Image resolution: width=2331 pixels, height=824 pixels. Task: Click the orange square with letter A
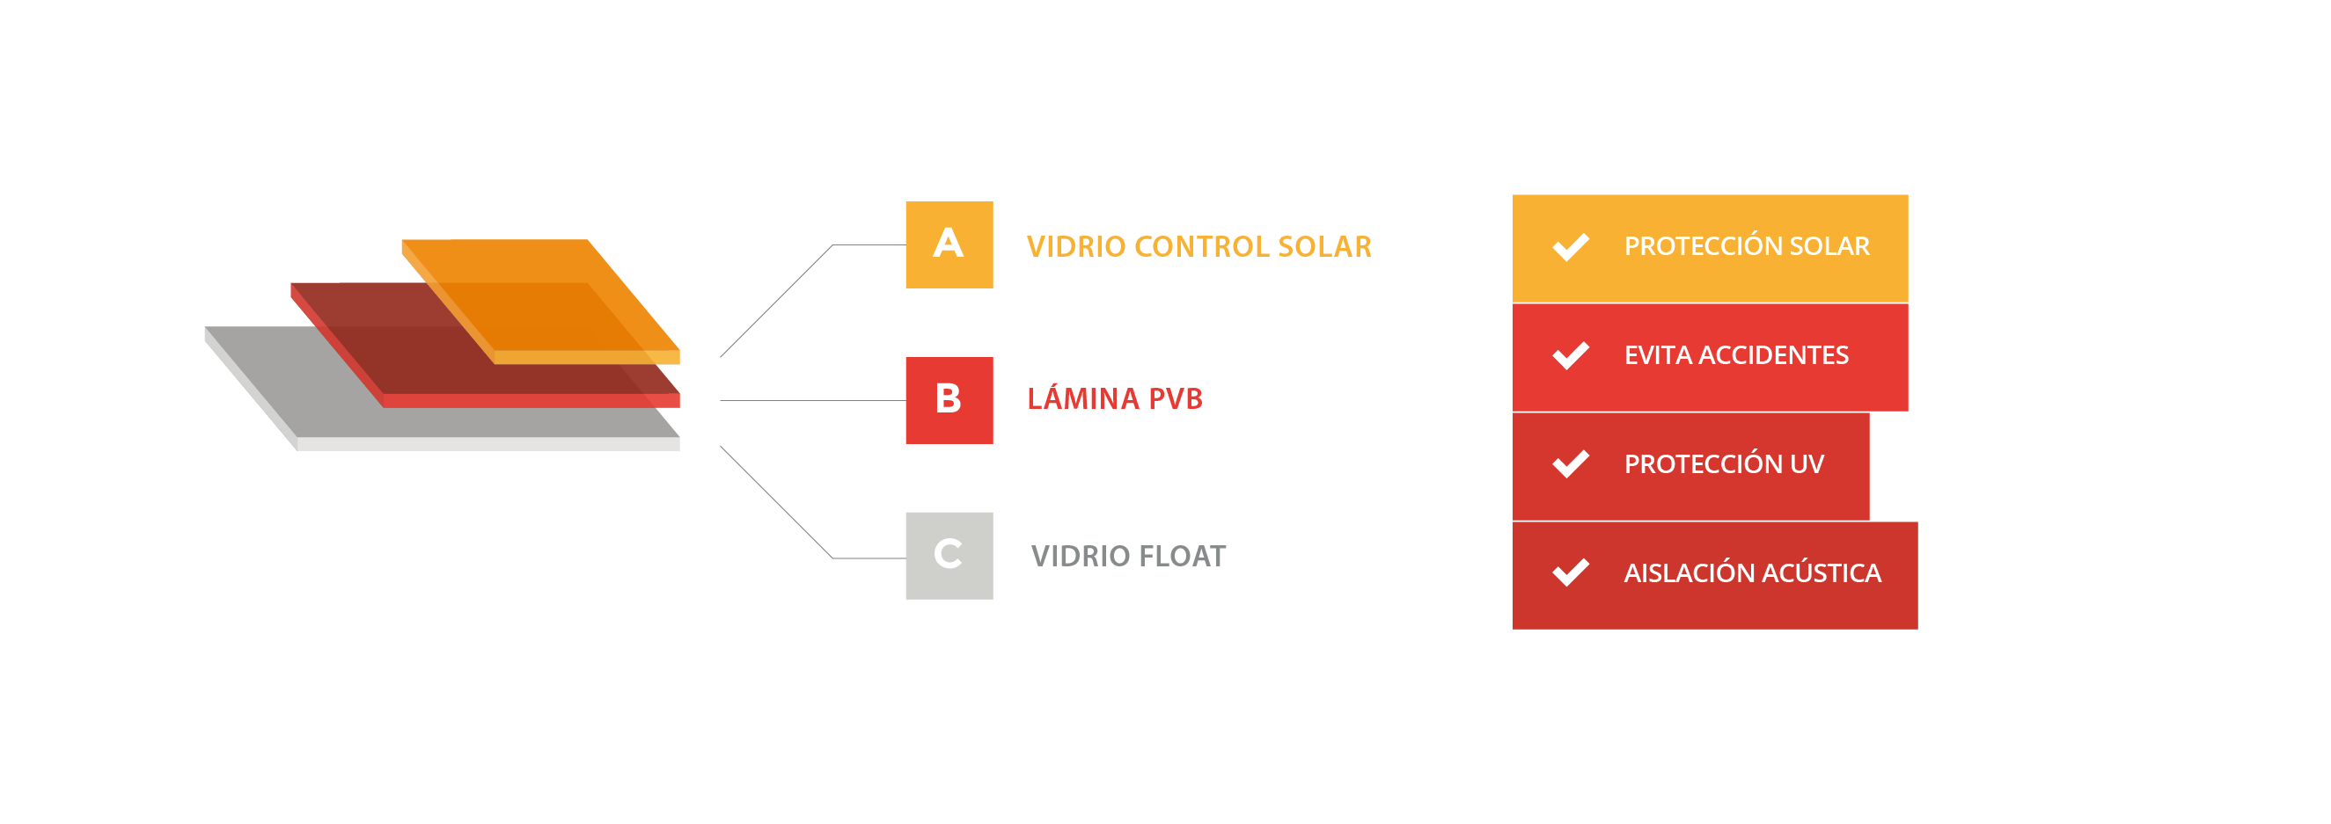coord(949,244)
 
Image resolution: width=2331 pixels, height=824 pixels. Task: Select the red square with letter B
coord(949,400)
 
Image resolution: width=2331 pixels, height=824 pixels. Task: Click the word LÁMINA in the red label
coord(1082,398)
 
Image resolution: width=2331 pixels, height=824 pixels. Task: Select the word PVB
coord(1175,398)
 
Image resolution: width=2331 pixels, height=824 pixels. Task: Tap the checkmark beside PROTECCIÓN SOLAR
coord(1570,246)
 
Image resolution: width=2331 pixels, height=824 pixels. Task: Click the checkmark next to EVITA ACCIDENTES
coord(1570,354)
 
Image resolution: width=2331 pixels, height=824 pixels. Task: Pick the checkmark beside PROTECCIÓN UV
coord(1570,463)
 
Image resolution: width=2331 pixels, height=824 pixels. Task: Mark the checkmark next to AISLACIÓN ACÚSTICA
coord(1570,572)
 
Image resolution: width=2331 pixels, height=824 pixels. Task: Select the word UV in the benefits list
coord(1807,463)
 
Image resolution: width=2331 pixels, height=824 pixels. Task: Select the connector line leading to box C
coord(776,503)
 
